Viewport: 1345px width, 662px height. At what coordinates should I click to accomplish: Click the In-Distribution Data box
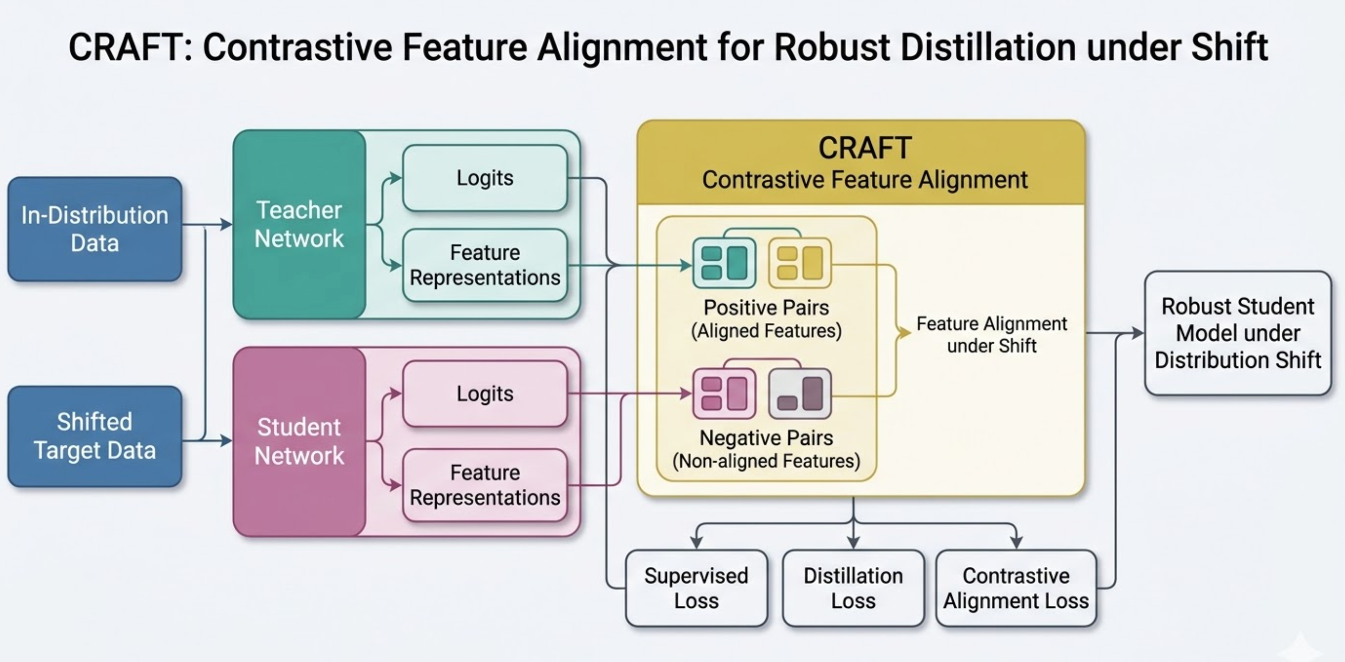click(95, 229)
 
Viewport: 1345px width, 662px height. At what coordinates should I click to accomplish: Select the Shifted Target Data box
click(95, 436)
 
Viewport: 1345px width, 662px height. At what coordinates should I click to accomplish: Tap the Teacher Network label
click(299, 225)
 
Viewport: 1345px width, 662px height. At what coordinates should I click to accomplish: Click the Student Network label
click(299, 441)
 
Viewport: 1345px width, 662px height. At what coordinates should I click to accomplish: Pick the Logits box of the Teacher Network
click(485, 178)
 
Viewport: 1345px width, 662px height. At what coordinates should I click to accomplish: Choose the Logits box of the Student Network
click(485, 394)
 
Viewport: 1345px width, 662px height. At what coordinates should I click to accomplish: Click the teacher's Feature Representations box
click(485, 265)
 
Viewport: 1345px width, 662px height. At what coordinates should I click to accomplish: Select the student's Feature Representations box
click(485, 485)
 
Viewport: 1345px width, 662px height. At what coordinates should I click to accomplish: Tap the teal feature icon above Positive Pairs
click(724, 263)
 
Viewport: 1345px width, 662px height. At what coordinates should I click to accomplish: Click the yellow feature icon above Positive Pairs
click(800, 263)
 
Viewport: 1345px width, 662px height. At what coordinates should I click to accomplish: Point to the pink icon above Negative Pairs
click(724, 394)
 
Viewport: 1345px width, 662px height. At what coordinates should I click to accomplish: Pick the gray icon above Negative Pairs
click(800, 394)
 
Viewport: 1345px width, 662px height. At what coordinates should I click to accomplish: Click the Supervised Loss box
click(696, 588)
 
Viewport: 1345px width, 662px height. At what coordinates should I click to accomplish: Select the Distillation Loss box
click(853, 588)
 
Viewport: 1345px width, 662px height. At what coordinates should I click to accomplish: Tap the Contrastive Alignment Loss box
click(1016, 588)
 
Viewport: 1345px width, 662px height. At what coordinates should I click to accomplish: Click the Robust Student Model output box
click(1237, 333)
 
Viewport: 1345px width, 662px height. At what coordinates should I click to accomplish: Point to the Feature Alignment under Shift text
click(991, 335)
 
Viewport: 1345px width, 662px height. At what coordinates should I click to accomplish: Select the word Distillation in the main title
click(988, 48)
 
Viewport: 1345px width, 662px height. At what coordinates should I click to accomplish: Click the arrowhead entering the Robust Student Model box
click(1137, 333)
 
